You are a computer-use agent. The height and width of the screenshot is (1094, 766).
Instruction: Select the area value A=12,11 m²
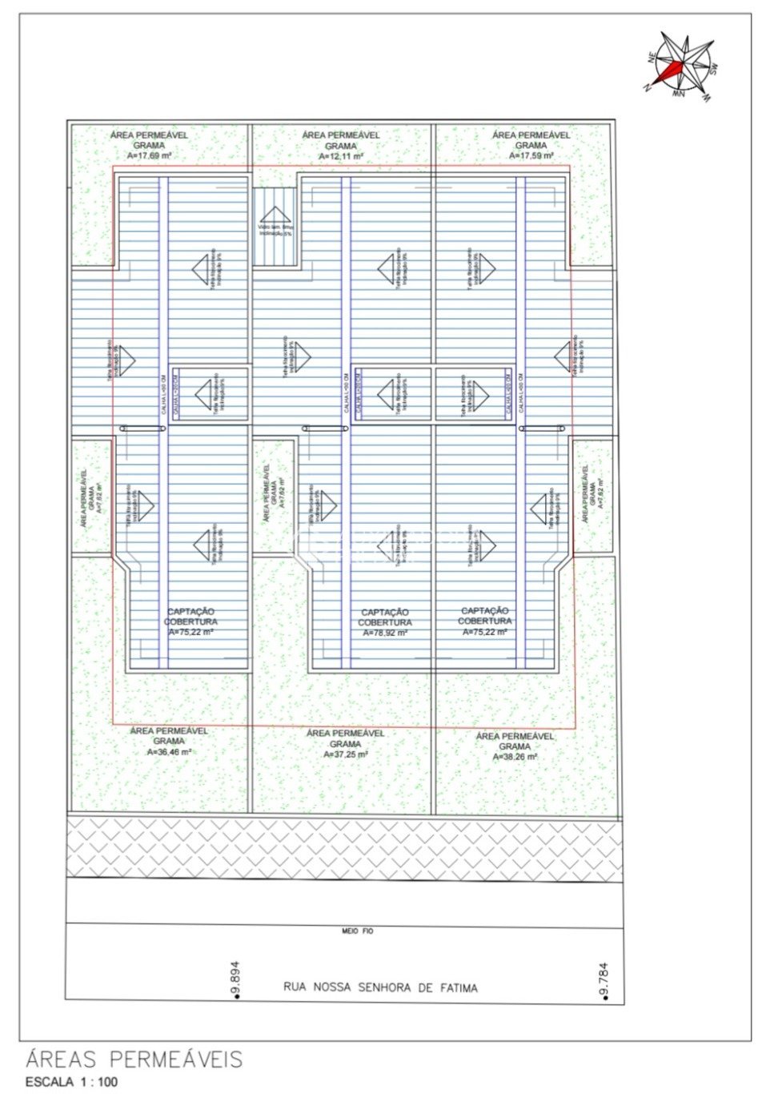pyautogui.click(x=341, y=157)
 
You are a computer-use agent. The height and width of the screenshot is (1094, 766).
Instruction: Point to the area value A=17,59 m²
pyautogui.click(x=531, y=156)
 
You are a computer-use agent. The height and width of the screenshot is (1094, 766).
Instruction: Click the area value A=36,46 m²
pyautogui.click(x=169, y=752)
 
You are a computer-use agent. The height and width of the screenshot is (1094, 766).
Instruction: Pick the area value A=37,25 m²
pyautogui.click(x=346, y=754)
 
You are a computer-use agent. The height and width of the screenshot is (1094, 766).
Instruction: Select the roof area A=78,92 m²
pyautogui.click(x=385, y=633)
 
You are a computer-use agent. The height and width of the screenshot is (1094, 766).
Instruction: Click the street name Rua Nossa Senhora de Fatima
pyautogui.click(x=380, y=987)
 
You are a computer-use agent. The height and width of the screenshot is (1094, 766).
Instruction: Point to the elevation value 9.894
pyautogui.click(x=235, y=976)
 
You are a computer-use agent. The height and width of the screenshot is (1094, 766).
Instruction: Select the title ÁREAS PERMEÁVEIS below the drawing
pyautogui.click(x=134, y=1060)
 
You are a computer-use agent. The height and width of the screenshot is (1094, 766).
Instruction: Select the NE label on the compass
pyautogui.click(x=652, y=56)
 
